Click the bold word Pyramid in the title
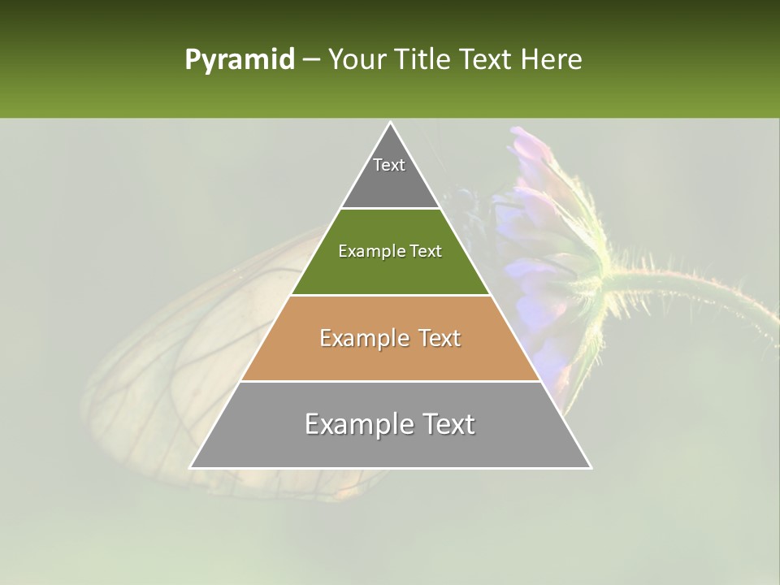tap(239, 60)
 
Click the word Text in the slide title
tap(485, 59)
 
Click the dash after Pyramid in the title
tap(310, 60)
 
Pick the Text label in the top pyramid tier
tap(389, 165)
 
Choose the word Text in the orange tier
tap(440, 338)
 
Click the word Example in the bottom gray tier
tap(357, 424)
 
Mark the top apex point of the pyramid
tap(391, 123)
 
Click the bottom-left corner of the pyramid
tap(191, 467)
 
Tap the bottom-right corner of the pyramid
tap(591, 467)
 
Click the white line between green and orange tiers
tap(391, 295)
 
